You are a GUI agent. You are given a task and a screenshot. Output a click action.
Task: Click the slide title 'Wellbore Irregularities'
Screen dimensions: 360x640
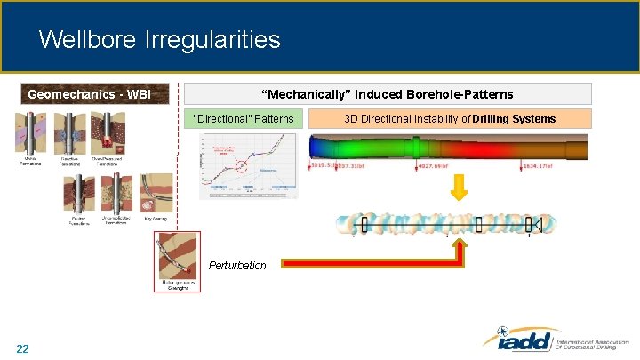(160, 40)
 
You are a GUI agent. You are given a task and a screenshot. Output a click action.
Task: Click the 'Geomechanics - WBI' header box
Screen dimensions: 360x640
(89, 94)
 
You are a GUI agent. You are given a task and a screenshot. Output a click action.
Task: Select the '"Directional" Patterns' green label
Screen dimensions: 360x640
(244, 118)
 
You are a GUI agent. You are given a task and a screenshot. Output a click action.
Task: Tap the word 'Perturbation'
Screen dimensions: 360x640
(237, 265)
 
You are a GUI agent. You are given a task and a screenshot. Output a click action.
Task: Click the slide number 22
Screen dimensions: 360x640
(22, 348)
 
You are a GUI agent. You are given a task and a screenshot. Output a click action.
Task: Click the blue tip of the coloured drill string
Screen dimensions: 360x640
(316, 147)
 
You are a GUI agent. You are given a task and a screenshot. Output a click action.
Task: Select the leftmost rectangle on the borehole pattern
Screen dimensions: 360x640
(364, 224)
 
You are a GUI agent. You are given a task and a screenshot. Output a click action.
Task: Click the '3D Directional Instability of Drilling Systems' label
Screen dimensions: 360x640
(450, 118)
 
